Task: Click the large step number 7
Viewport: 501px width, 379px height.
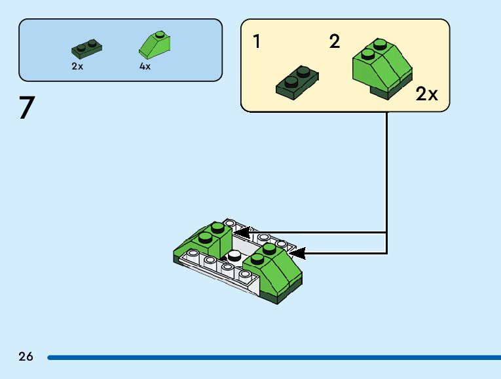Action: (26, 108)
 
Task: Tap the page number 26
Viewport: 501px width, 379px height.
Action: (26, 357)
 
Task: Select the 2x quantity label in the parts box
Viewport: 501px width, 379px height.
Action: (78, 66)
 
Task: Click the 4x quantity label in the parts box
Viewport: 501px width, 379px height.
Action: (145, 66)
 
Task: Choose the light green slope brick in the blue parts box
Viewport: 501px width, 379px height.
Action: (155, 44)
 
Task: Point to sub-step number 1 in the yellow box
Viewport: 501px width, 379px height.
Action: (257, 43)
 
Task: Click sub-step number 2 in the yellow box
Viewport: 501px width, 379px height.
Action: (335, 43)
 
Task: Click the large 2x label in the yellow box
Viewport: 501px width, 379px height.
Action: (426, 94)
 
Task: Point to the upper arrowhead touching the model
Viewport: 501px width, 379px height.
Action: (242, 232)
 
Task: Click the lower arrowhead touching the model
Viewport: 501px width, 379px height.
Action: (297, 252)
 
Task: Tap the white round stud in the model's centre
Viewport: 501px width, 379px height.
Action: (233, 255)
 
